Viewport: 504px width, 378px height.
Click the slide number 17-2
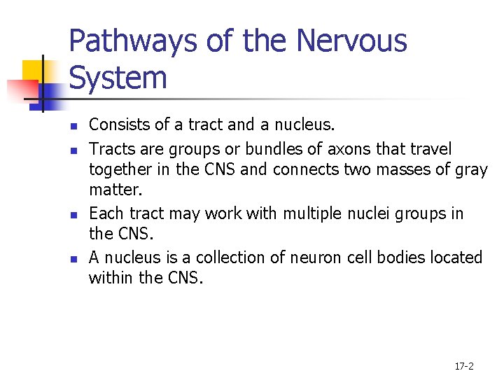pyautogui.click(x=464, y=366)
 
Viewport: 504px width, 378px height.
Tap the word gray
pyautogui.click(x=471, y=169)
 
